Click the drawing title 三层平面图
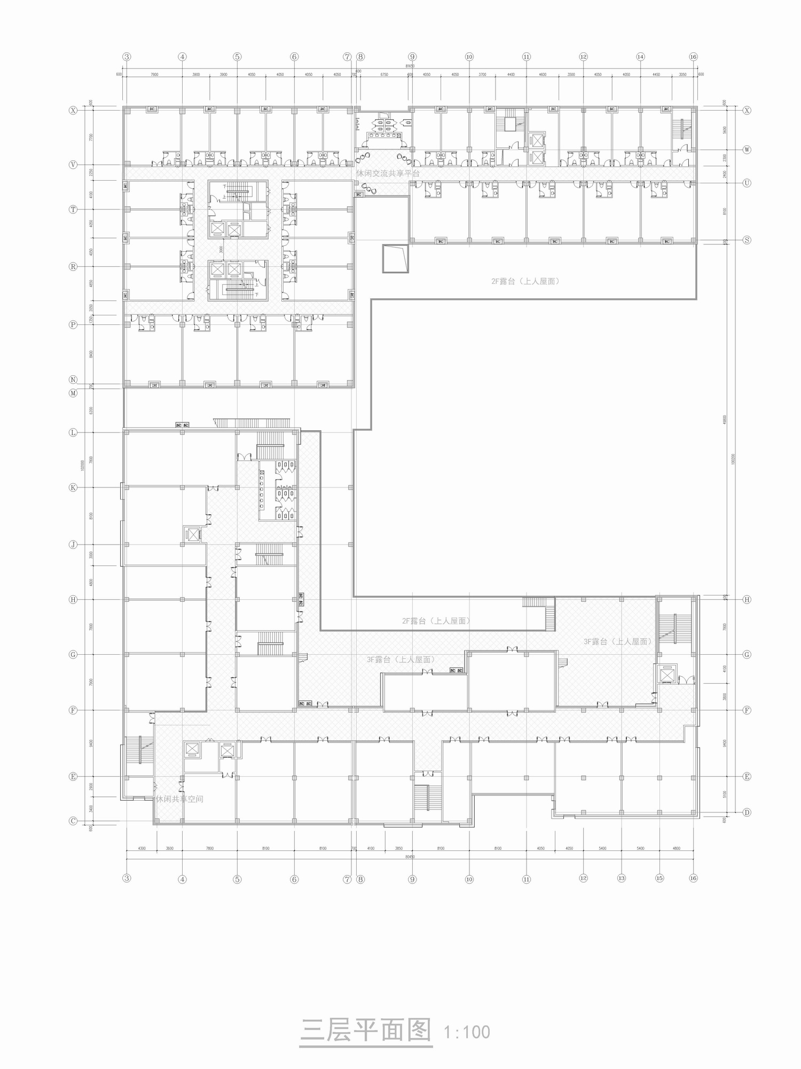coord(366,1031)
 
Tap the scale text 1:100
coord(467,1032)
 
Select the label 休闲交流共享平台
coord(388,174)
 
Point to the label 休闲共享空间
coord(179,799)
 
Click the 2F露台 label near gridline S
coord(525,281)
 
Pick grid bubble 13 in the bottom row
coord(621,878)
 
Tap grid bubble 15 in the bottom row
coord(659,878)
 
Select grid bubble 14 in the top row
coord(640,57)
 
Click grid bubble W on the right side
coord(747,150)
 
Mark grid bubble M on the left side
coord(73,393)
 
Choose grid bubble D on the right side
coord(747,812)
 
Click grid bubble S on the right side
coord(747,240)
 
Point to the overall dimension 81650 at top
coord(410,66)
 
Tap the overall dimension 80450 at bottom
coord(410,857)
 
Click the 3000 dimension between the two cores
coord(220,250)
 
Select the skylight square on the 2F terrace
coord(395,259)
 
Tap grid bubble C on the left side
coord(73,821)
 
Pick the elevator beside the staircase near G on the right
coord(666,675)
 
